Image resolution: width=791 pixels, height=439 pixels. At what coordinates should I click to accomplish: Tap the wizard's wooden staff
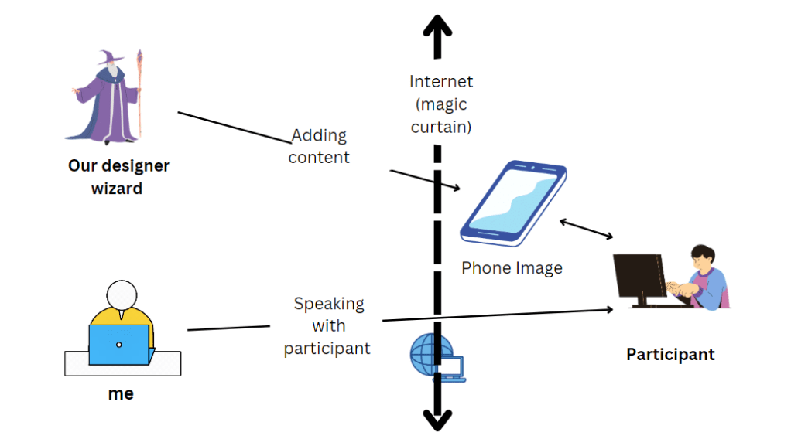(x=139, y=93)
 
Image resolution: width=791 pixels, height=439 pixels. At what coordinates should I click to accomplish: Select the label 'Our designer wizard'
(x=118, y=176)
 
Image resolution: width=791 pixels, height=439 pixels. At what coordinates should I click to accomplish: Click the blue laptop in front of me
(x=118, y=344)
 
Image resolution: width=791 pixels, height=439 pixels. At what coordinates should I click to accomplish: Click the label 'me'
(x=121, y=393)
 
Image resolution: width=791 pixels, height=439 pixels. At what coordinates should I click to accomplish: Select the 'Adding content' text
(x=319, y=146)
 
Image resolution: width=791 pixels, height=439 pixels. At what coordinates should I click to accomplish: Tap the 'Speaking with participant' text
(x=327, y=325)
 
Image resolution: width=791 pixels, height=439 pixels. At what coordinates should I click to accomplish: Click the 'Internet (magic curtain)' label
(x=440, y=104)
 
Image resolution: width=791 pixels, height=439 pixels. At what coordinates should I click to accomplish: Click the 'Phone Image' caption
(x=512, y=268)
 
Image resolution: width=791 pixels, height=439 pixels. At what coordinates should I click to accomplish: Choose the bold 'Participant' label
(x=670, y=355)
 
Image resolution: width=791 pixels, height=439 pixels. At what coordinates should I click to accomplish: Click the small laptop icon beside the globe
(x=453, y=369)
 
